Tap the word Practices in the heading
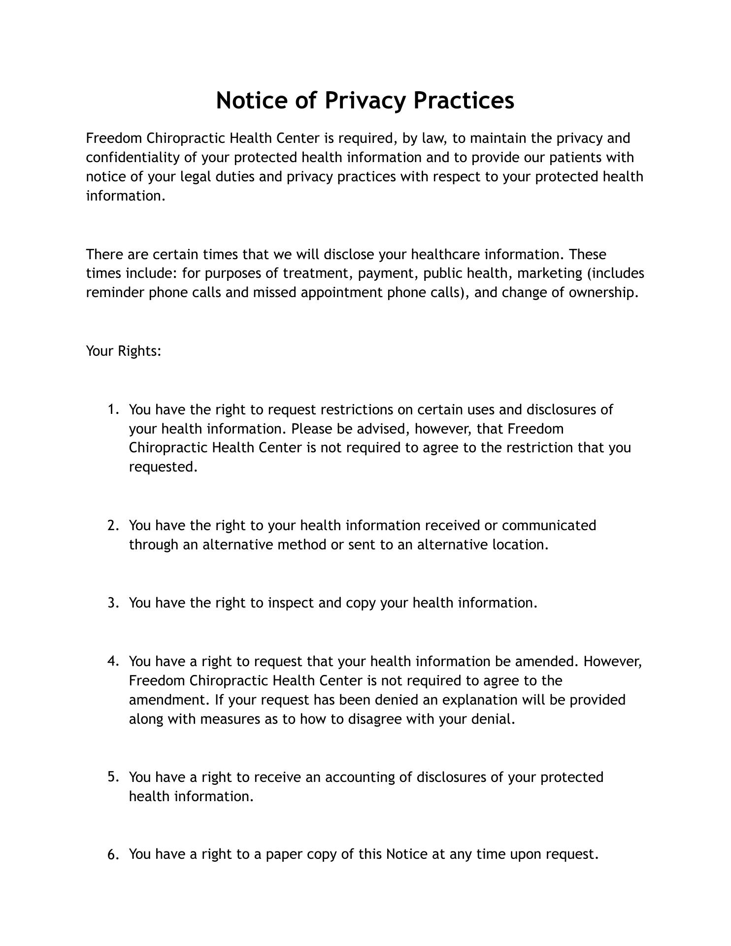pos(464,101)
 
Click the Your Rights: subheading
pos(124,351)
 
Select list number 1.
pos(113,410)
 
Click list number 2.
pos(113,526)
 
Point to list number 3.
pos(113,603)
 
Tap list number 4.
pos(113,661)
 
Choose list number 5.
pos(113,777)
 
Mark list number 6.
pos(113,855)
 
